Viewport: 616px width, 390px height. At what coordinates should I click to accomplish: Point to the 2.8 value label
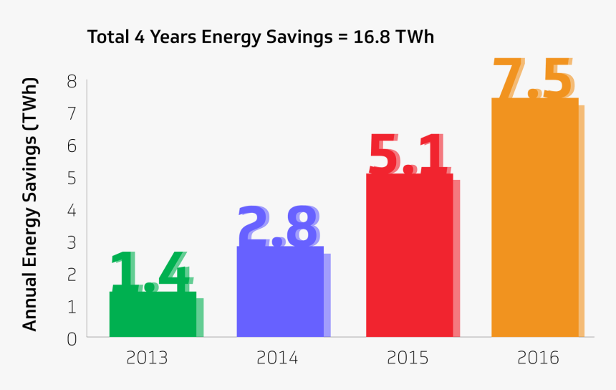(279, 227)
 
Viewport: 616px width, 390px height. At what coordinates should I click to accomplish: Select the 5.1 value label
(408, 154)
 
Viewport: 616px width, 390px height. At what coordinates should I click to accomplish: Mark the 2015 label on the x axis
(406, 357)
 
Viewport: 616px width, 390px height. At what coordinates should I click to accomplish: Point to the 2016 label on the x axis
(536, 357)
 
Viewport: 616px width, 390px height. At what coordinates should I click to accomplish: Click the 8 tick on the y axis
(72, 81)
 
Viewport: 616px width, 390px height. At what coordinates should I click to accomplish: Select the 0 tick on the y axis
(72, 338)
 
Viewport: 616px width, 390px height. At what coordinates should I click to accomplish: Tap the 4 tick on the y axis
(72, 210)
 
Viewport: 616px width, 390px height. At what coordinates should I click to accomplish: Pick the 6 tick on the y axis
(72, 146)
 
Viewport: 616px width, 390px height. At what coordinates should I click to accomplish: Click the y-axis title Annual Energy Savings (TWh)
(29, 204)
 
